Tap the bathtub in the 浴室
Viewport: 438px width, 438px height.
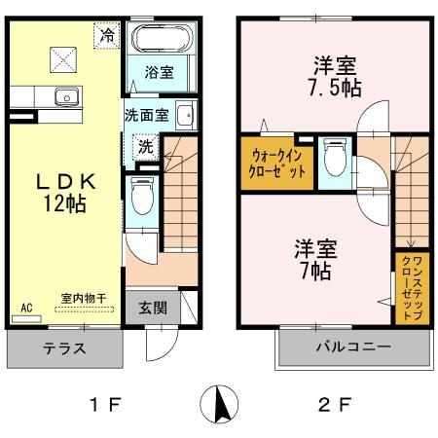tap(162, 42)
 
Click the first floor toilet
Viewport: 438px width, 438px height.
tap(141, 202)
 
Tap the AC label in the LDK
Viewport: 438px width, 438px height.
tap(26, 308)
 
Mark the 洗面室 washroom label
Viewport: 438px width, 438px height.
tap(146, 113)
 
